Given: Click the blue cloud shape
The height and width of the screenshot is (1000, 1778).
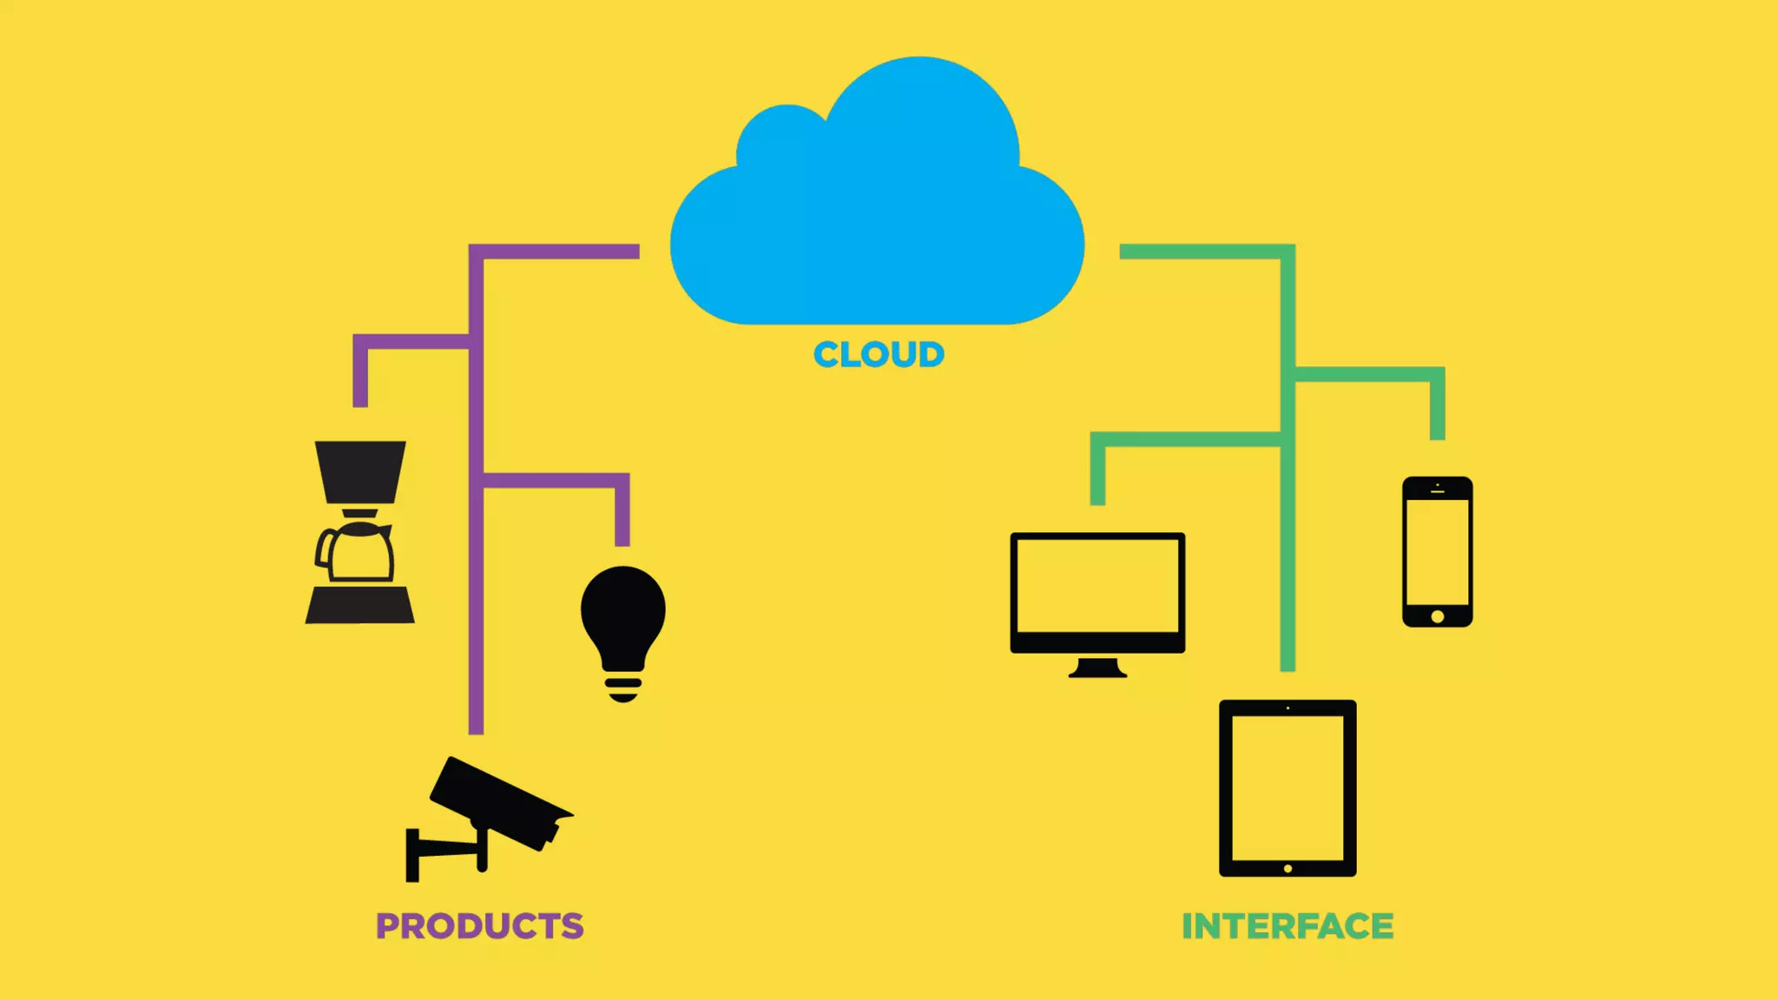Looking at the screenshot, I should click(x=877, y=217).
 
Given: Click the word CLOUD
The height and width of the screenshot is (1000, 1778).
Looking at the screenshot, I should click(x=879, y=355).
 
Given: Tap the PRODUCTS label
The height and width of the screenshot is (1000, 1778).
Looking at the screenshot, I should click(x=479, y=926).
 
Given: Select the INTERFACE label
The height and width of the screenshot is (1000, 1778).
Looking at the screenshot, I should click(x=1287, y=926).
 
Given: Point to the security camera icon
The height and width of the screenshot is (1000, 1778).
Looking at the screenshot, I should click(x=499, y=803).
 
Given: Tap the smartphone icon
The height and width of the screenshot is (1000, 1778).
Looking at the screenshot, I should click(x=1437, y=551).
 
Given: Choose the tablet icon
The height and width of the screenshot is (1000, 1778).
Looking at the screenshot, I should click(x=1287, y=787).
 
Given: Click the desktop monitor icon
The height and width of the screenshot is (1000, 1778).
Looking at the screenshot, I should click(x=1097, y=590).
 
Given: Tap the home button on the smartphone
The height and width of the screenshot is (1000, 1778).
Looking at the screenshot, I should click(x=1437, y=616).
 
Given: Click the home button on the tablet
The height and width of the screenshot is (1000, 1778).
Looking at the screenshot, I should click(x=1287, y=868).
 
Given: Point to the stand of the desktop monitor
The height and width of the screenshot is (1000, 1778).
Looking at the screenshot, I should click(x=1097, y=668).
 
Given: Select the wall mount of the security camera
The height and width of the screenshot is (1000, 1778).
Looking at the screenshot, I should click(x=414, y=854).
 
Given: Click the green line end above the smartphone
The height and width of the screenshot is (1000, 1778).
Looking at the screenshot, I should click(x=1438, y=433).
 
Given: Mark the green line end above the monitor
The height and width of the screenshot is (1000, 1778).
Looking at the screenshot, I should click(x=1097, y=498).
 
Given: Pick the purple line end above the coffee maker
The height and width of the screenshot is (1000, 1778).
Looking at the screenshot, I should click(x=360, y=400).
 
